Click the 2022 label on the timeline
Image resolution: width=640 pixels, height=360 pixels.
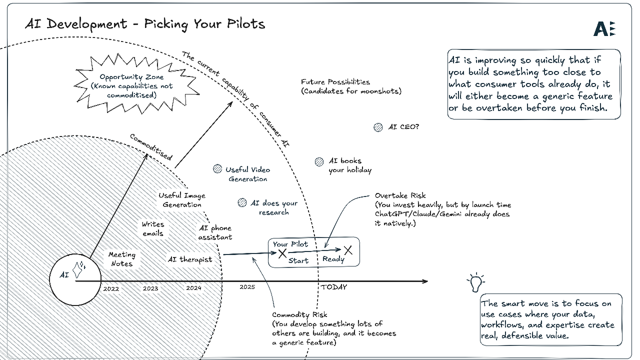[111, 288]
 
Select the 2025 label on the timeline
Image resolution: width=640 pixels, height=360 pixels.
[247, 287]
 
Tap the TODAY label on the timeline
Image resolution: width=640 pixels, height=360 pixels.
[333, 287]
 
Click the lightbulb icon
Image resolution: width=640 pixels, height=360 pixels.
[475, 282]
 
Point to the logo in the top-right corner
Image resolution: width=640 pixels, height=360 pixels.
[604, 29]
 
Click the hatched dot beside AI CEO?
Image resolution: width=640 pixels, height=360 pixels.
[378, 127]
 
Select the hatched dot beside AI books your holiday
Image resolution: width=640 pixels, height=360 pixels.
[319, 161]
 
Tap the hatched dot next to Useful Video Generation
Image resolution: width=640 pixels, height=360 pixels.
[217, 169]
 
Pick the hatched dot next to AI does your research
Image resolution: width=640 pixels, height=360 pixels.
[242, 202]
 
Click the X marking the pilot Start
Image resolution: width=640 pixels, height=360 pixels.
[282, 254]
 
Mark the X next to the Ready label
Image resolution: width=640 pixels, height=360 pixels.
[348, 250]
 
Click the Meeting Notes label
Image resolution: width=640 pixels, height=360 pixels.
[121, 259]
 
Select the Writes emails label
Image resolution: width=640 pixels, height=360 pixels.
[152, 228]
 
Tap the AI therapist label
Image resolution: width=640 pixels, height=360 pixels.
[189, 259]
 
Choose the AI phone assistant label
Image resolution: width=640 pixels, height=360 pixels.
[215, 232]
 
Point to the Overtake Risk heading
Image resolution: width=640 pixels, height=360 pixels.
[400, 195]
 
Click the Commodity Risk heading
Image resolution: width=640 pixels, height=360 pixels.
[299, 314]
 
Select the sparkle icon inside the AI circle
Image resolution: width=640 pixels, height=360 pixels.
[79, 270]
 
